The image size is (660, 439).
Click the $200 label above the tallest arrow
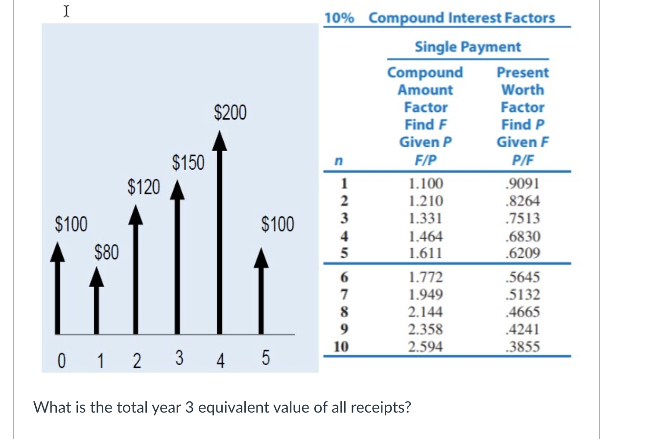tap(230, 112)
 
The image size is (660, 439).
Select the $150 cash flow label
tap(188, 163)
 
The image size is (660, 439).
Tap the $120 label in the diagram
tap(143, 187)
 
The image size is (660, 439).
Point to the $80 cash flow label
tap(106, 252)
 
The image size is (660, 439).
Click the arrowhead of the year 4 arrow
tap(219, 141)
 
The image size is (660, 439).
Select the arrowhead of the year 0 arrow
tap(58, 252)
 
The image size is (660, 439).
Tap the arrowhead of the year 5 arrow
tap(261, 258)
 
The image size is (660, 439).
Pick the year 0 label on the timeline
tap(61, 361)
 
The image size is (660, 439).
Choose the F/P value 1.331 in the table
tap(425, 218)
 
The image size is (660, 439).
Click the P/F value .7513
tap(522, 218)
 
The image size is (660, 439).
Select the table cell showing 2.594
tap(425, 347)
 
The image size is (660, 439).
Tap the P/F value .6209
tap(522, 253)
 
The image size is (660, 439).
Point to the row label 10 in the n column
tap(341, 347)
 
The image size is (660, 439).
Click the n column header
tap(338, 160)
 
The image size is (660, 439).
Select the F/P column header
tap(425, 160)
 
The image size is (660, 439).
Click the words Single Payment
tap(468, 47)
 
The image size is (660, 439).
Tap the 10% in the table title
tap(339, 18)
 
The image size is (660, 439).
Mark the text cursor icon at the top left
tap(66, 11)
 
